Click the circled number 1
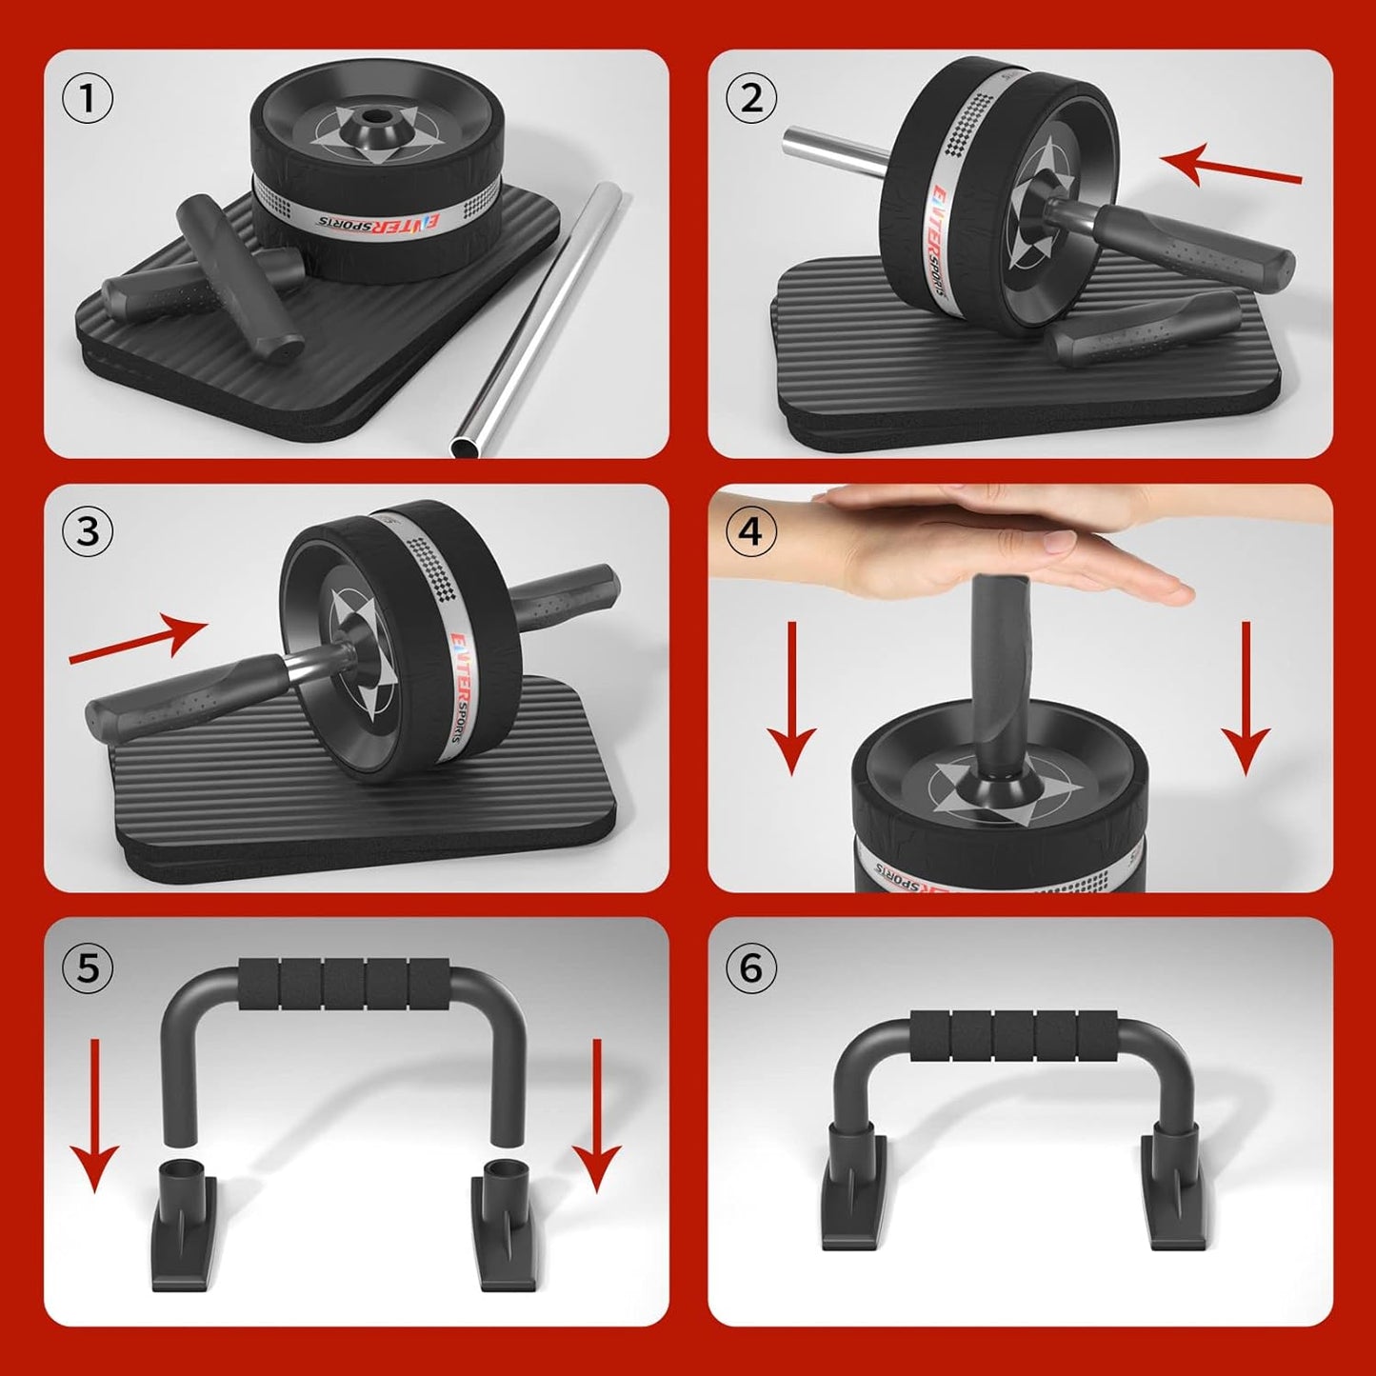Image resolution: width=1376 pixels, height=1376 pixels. [87, 98]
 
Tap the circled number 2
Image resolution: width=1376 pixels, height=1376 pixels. [751, 98]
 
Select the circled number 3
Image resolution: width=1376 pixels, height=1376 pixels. [87, 531]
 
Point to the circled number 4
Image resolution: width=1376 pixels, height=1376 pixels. [751, 531]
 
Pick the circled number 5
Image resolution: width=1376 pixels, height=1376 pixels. [87, 967]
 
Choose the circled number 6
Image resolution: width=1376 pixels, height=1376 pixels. [751, 967]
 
